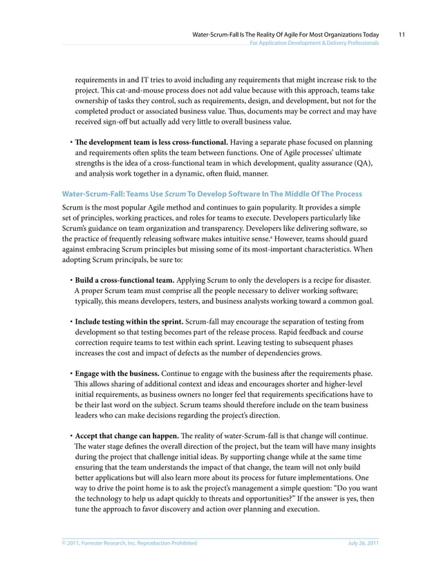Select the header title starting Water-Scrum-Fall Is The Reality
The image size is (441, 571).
[x=285, y=32]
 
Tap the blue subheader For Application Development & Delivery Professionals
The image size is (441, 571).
[x=314, y=43]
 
